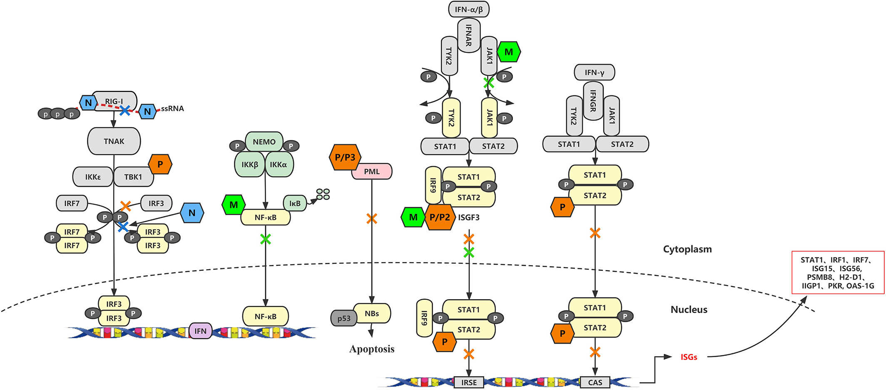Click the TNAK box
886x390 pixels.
point(114,141)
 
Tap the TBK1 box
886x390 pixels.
point(133,177)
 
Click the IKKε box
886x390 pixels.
point(93,177)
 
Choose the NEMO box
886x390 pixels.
point(264,142)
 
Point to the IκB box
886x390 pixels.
point(295,203)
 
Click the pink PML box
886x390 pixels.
point(372,171)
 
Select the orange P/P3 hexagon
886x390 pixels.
point(345,157)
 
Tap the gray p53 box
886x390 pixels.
point(344,318)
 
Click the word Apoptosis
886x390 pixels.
point(372,349)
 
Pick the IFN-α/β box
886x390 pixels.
point(469,9)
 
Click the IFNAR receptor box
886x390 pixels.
point(469,35)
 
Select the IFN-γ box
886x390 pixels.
point(595,72)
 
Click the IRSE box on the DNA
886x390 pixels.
point(469,382)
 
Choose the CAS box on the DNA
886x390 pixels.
point(595,382)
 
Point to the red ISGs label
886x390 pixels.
point(689,357)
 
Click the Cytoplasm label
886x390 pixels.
point(687,249)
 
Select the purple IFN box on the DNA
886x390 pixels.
point(200,331)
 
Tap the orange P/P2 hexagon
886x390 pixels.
point(440,217)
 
